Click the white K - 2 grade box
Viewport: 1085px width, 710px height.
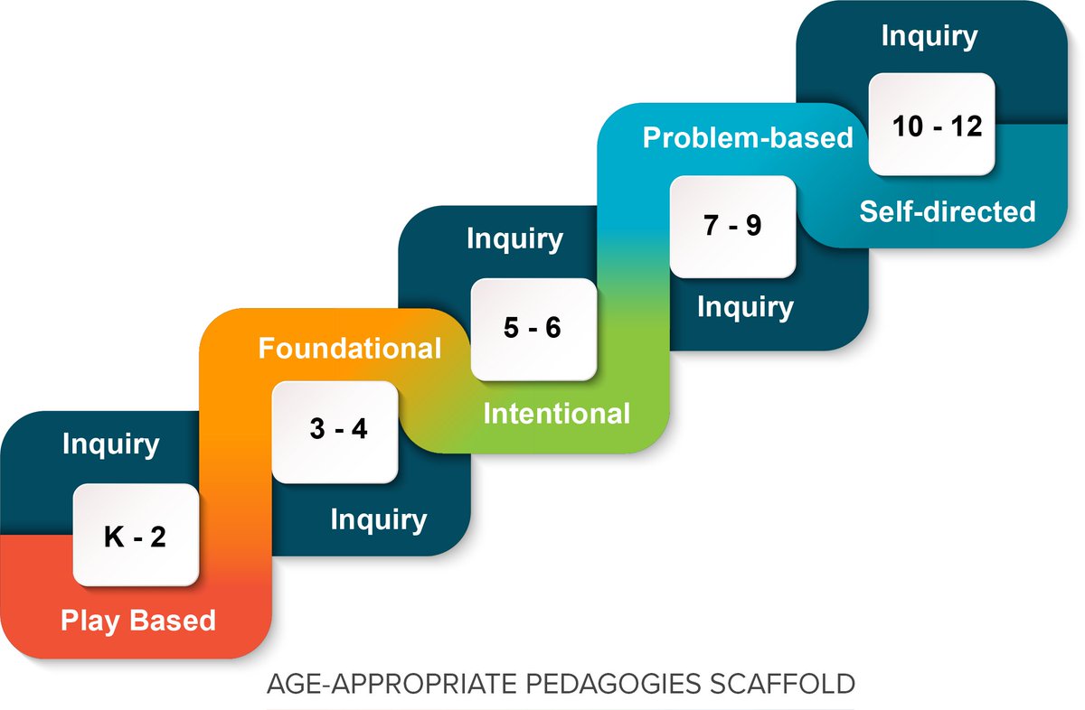point(135,534)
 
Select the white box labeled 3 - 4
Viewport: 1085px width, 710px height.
point(335,432)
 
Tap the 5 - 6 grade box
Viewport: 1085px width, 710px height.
point(533,329)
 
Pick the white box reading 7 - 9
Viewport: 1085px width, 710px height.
point(732,226)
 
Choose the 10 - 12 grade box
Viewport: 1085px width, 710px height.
point(931,125)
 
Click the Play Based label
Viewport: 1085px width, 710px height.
point(138,621)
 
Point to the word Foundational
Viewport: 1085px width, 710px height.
point(350,349)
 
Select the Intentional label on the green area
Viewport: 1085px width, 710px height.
point(556,414)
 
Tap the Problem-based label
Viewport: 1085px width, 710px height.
point(748,138)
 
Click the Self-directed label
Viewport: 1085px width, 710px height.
point(947,211)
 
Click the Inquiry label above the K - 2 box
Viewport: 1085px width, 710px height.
point(110,444)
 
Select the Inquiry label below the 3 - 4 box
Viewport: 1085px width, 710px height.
point(378,519)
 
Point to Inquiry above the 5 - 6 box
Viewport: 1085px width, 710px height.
point(514,239)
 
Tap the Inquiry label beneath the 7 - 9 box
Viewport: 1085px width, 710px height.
point(744,307)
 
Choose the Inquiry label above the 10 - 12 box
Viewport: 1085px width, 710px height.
point(929,36)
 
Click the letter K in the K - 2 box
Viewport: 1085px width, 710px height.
point(112,537)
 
